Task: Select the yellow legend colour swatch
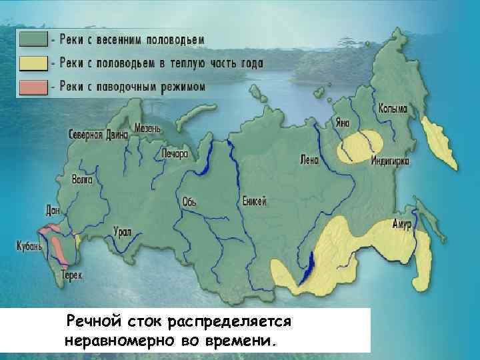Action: [33, 63]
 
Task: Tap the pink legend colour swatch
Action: [33, 87]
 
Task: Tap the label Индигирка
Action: [390, 161]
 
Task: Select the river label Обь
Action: [189, 201]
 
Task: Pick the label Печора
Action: [175, 153]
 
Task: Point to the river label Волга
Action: [83, 179]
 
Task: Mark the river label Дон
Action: [52, 210]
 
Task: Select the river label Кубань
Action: [30, 245]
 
